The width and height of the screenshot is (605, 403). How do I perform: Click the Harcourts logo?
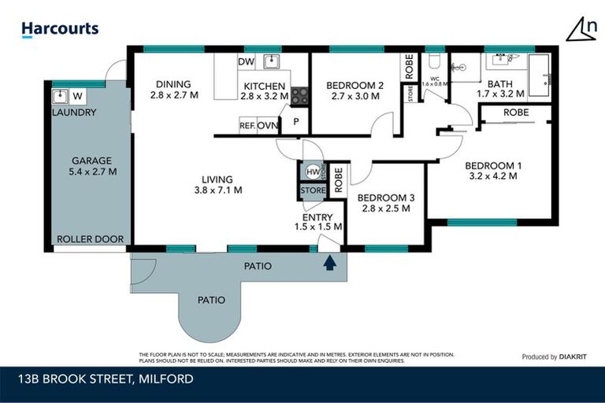[60, 29]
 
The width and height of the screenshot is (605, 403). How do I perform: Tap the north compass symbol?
[581, 29]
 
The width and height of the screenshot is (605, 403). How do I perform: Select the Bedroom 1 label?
[492, 165]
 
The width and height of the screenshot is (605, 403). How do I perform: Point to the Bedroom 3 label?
[384, 198]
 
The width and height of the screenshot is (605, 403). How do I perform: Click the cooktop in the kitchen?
[299, 96]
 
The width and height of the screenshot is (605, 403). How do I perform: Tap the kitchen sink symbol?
[272, 61]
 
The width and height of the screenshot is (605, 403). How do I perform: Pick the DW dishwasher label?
[245, 62]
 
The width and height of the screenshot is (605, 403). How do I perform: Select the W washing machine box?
[78, 97]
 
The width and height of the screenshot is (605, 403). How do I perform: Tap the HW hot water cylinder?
[312, 172]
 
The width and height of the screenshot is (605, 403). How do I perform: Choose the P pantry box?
[296, 121]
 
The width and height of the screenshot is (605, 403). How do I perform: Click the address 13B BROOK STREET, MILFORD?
[106, 379]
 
